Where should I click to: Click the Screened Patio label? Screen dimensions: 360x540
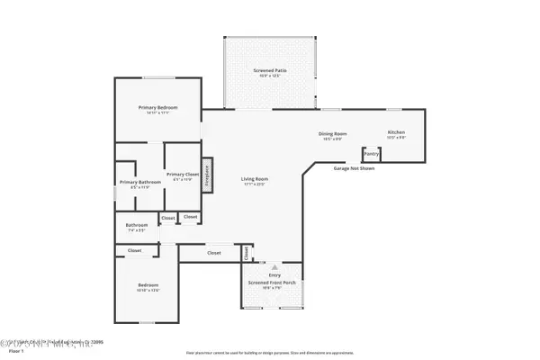point(269,70)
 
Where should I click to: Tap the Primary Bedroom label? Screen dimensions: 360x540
point(157,108)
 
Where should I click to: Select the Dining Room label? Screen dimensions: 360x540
point(332,134)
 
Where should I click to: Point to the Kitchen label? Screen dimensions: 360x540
point(397,132)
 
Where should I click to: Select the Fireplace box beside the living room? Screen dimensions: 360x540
point(206,174)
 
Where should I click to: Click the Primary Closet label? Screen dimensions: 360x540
point(182,174)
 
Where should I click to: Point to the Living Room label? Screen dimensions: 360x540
point(255,178)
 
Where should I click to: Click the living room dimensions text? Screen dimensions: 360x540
point(255,184)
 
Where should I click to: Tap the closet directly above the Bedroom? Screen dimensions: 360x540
point(134,250)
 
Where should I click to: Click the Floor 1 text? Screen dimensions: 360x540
point(16,351)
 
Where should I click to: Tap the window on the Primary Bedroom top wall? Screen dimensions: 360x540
point(157,77)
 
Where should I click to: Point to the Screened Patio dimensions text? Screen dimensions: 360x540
point(269,76)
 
